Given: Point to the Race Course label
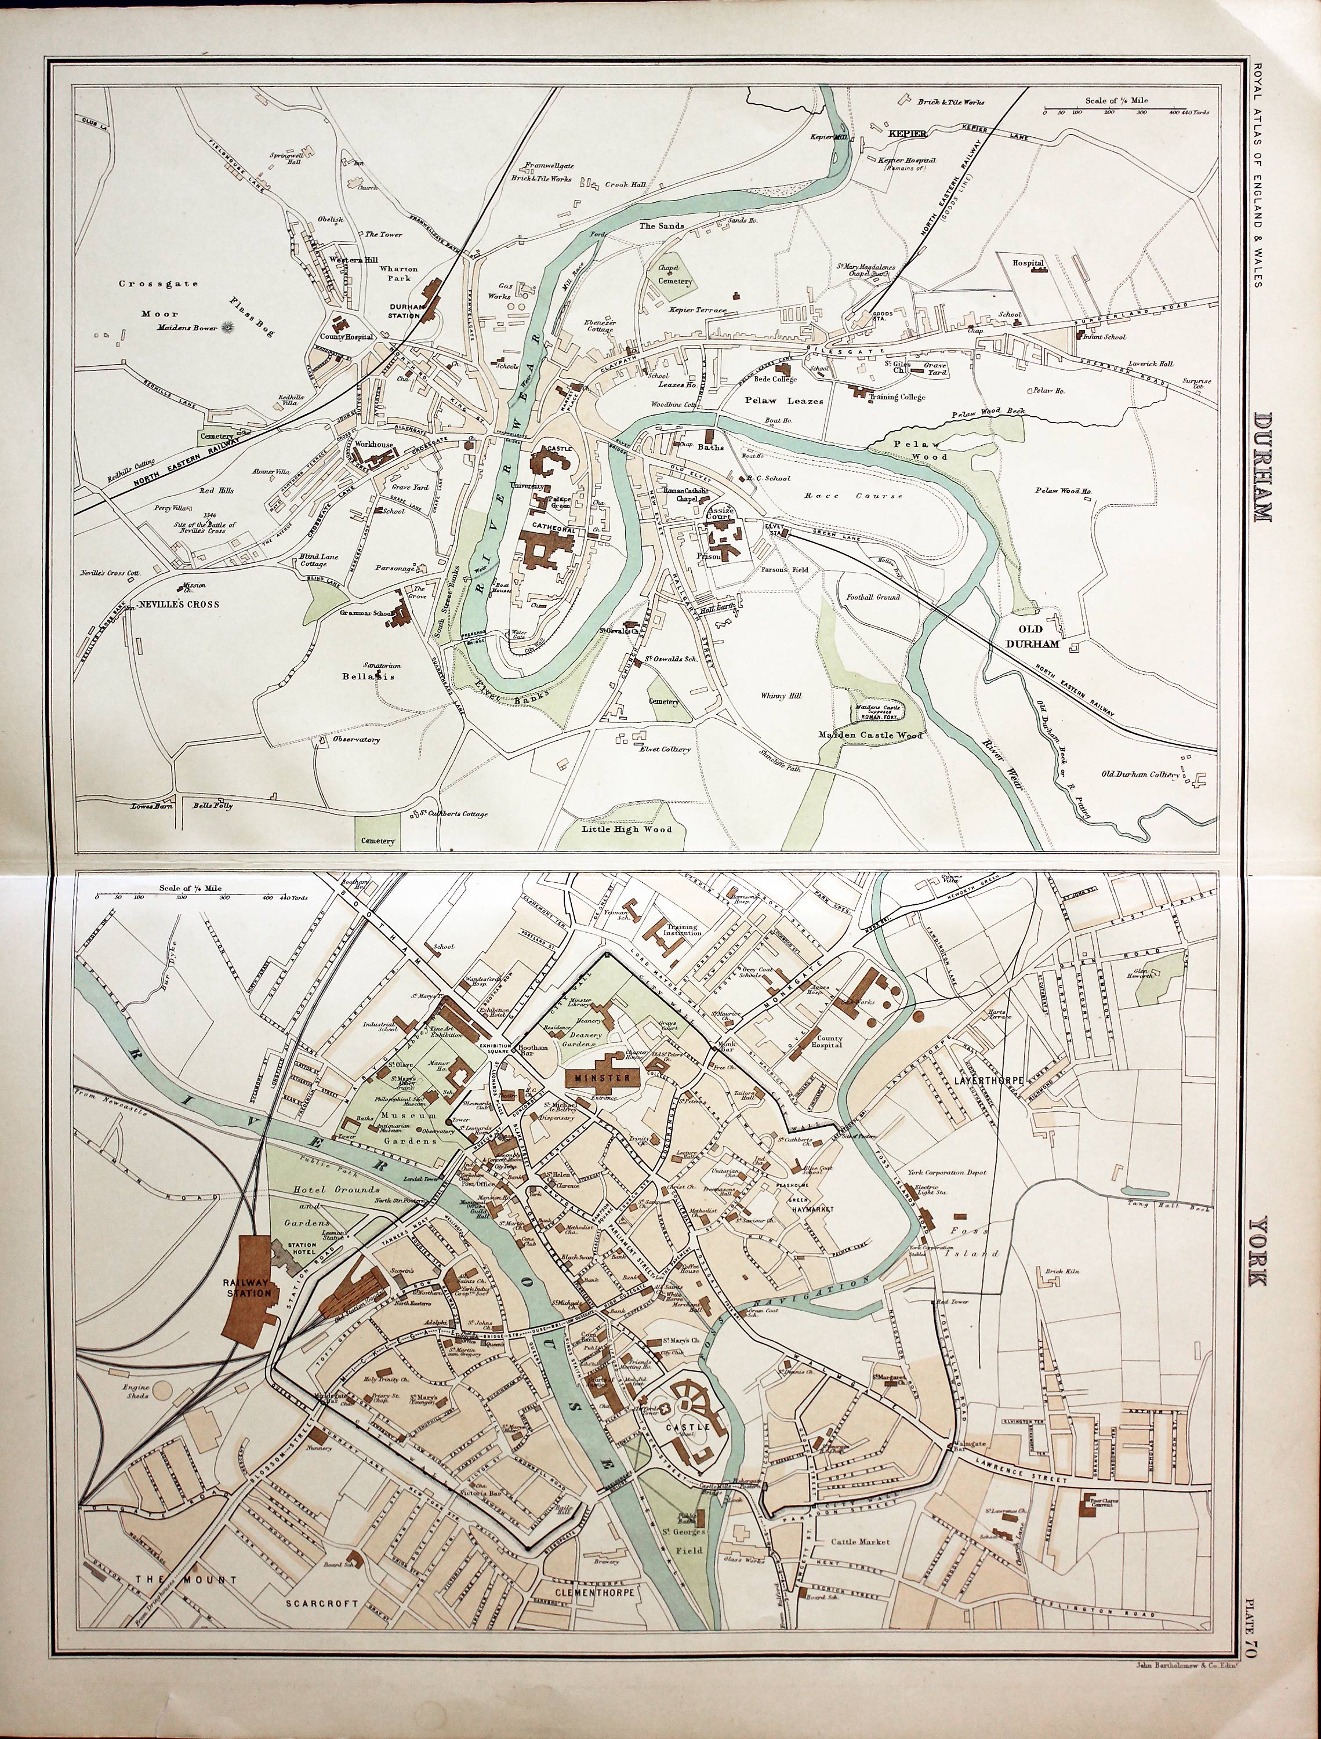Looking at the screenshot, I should click(852, 495).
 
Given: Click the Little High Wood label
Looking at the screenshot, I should click(627, 828).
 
